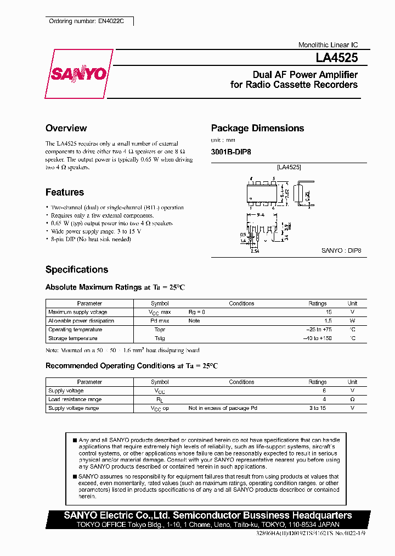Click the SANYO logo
79,74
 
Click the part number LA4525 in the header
336,57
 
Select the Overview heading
66,128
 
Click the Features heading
65,192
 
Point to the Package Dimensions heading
257,128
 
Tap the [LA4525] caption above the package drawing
289,167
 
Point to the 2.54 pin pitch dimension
254,251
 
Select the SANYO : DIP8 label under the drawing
341,251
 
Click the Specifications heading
77,270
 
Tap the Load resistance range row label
75,399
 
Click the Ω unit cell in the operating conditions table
353,399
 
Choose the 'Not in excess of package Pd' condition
223,408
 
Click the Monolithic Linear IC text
328,45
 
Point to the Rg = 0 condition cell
196,312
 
